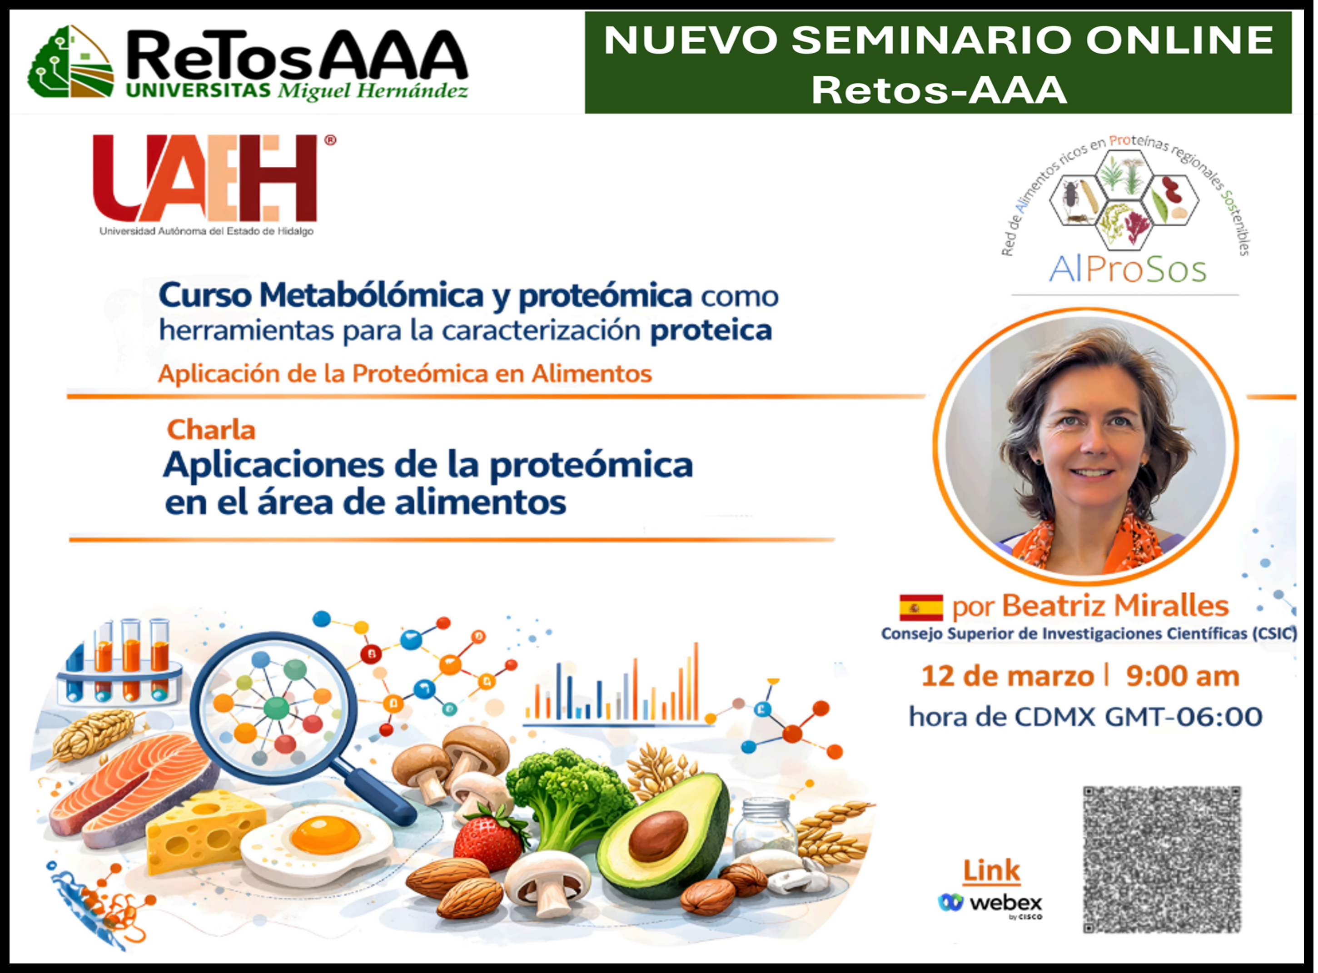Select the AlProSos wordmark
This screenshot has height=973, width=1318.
1127,270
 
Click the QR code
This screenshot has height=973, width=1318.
1162,859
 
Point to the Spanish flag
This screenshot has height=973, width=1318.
921,608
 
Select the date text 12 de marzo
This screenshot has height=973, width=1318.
1008,676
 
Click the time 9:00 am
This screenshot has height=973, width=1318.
1183,676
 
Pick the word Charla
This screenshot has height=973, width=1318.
211,430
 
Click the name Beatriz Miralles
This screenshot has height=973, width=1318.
1115,606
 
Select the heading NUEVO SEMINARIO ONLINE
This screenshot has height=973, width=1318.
938,40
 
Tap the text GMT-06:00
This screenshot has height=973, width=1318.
1184,717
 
